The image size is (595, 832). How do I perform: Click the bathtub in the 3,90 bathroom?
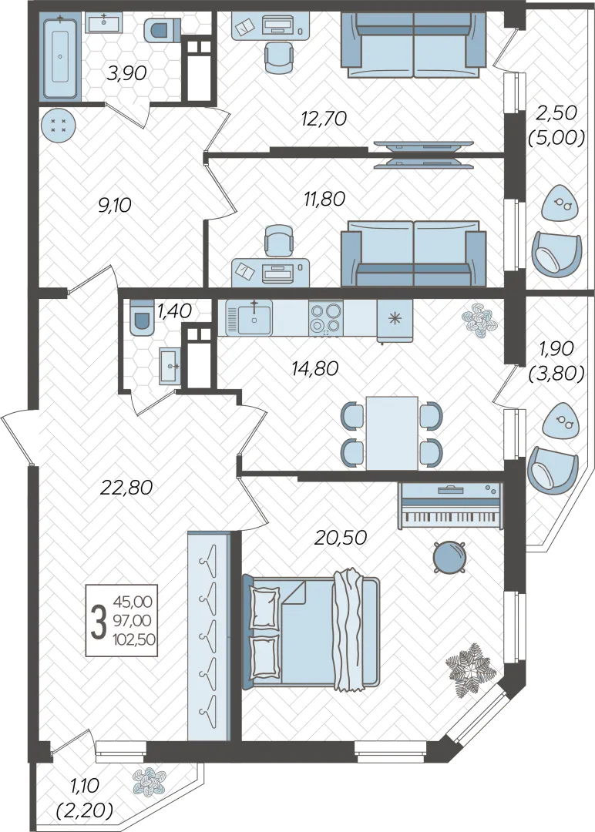[x=61, y=57]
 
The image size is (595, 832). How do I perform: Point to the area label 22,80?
[x=127, y=487]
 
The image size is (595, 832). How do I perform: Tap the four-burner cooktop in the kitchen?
[x=325, y=318]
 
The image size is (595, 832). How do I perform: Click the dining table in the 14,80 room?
[x=392, y=433]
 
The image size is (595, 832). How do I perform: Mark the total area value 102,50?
[x=134, y=639]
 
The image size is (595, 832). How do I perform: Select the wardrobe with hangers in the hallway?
[x=209, y=636]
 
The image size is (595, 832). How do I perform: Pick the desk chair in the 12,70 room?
[x=278, y=56]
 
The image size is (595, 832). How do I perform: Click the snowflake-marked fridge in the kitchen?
[x=395, y=320]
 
